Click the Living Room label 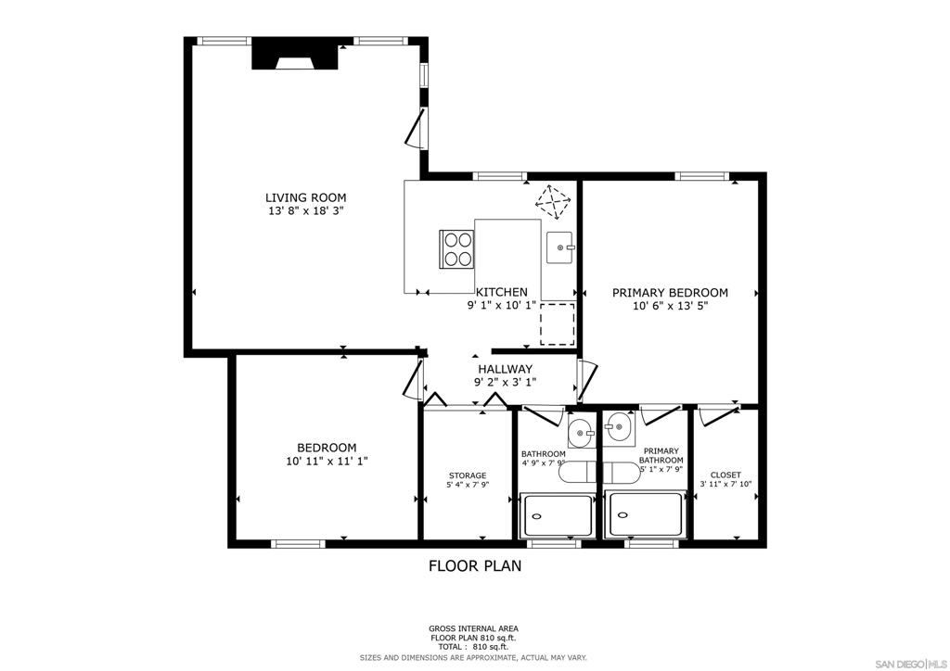tap(306, 197)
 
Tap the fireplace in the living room tap(295, 54)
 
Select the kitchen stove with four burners tap(457, 249)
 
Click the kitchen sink tap(559, 247)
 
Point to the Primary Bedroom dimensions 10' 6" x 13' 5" tap(670, 306)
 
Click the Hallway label tap(506, 369)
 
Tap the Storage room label tap(468, 475)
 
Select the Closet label tap(725, 475)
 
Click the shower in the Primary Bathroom tap(646, 514)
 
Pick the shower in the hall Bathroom tap(557, 515)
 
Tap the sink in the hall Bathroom tap(583, 432)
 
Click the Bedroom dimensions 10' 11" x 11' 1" tap(327, 461)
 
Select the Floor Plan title tap(475, 566)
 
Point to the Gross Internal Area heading tap(474, 628)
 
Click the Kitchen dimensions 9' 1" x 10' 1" tap(501, 306)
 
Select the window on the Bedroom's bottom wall tap(298, 544)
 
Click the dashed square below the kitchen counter tap(557, 325)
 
